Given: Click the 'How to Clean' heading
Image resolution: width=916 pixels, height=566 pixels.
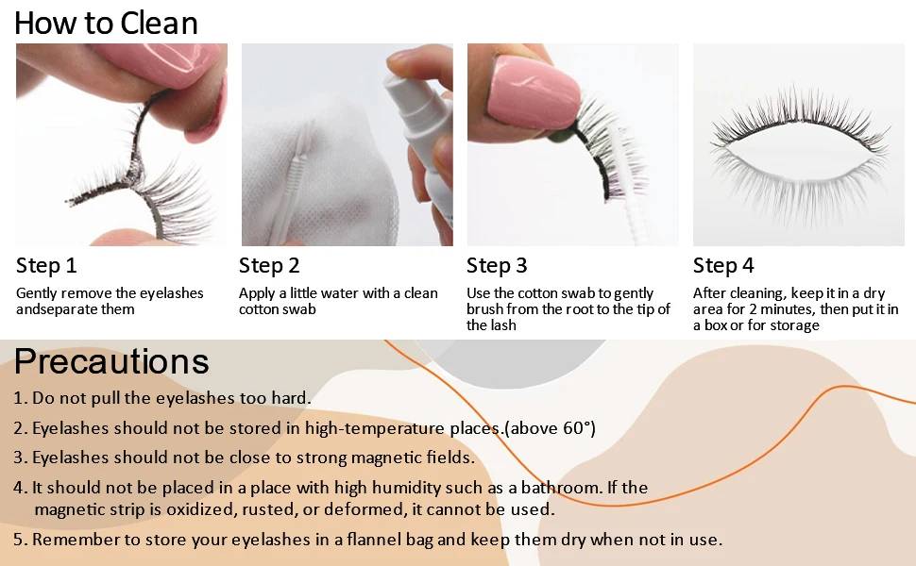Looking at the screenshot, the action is coord(106,24).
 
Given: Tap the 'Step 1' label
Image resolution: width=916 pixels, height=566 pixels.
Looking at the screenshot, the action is coord(46,265).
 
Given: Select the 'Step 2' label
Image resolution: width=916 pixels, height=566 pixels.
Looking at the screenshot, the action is coord(269,265).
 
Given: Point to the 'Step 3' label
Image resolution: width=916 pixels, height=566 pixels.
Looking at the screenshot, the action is coord(497,265).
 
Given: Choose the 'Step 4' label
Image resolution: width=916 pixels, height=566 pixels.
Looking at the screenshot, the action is coord(723,265).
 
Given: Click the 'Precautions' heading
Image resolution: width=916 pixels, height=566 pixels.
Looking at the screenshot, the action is coord(111,361).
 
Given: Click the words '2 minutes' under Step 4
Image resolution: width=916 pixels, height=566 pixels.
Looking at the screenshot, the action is coord(783,309).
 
